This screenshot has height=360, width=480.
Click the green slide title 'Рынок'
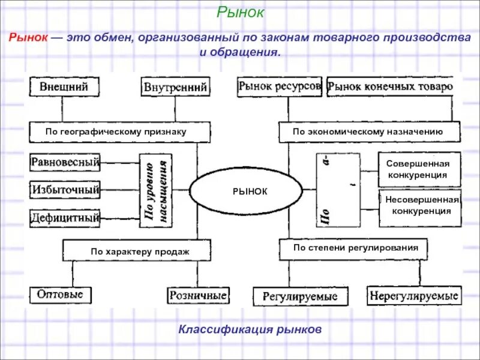click(x=239, y=12)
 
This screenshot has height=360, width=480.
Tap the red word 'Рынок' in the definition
click(x=28, y=38)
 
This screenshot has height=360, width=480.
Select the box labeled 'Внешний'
click(x=64, y=87)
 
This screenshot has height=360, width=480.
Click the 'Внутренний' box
click(x=176, y=88)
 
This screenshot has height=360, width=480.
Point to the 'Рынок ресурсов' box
click(x=280, y=86)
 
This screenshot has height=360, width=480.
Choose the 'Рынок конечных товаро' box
click(x=390, y=87)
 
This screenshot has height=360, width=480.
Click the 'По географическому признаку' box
click(x=120, y=131)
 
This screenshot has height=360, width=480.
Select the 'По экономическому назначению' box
click(x=369, y=131)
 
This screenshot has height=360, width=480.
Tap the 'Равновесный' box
click(x=65, y=161)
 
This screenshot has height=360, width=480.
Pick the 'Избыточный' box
click(x=65, y=190)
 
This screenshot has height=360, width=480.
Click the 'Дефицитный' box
click(x=65, y=218)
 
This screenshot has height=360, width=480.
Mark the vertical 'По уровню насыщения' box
click(x=156, y=190)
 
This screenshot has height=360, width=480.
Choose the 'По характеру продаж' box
click(x=137, y=251)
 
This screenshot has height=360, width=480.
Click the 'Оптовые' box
click(x=61, y=295)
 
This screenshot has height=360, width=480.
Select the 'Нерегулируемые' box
click(x=414, y=296)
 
